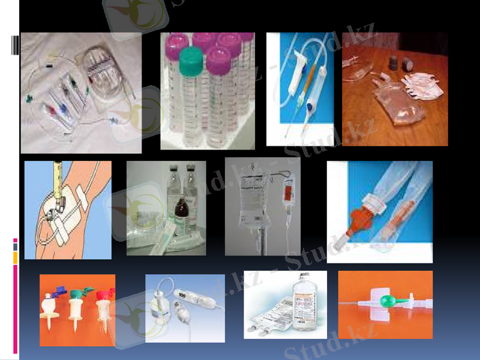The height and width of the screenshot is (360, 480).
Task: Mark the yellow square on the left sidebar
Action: (x=16, y=257)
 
